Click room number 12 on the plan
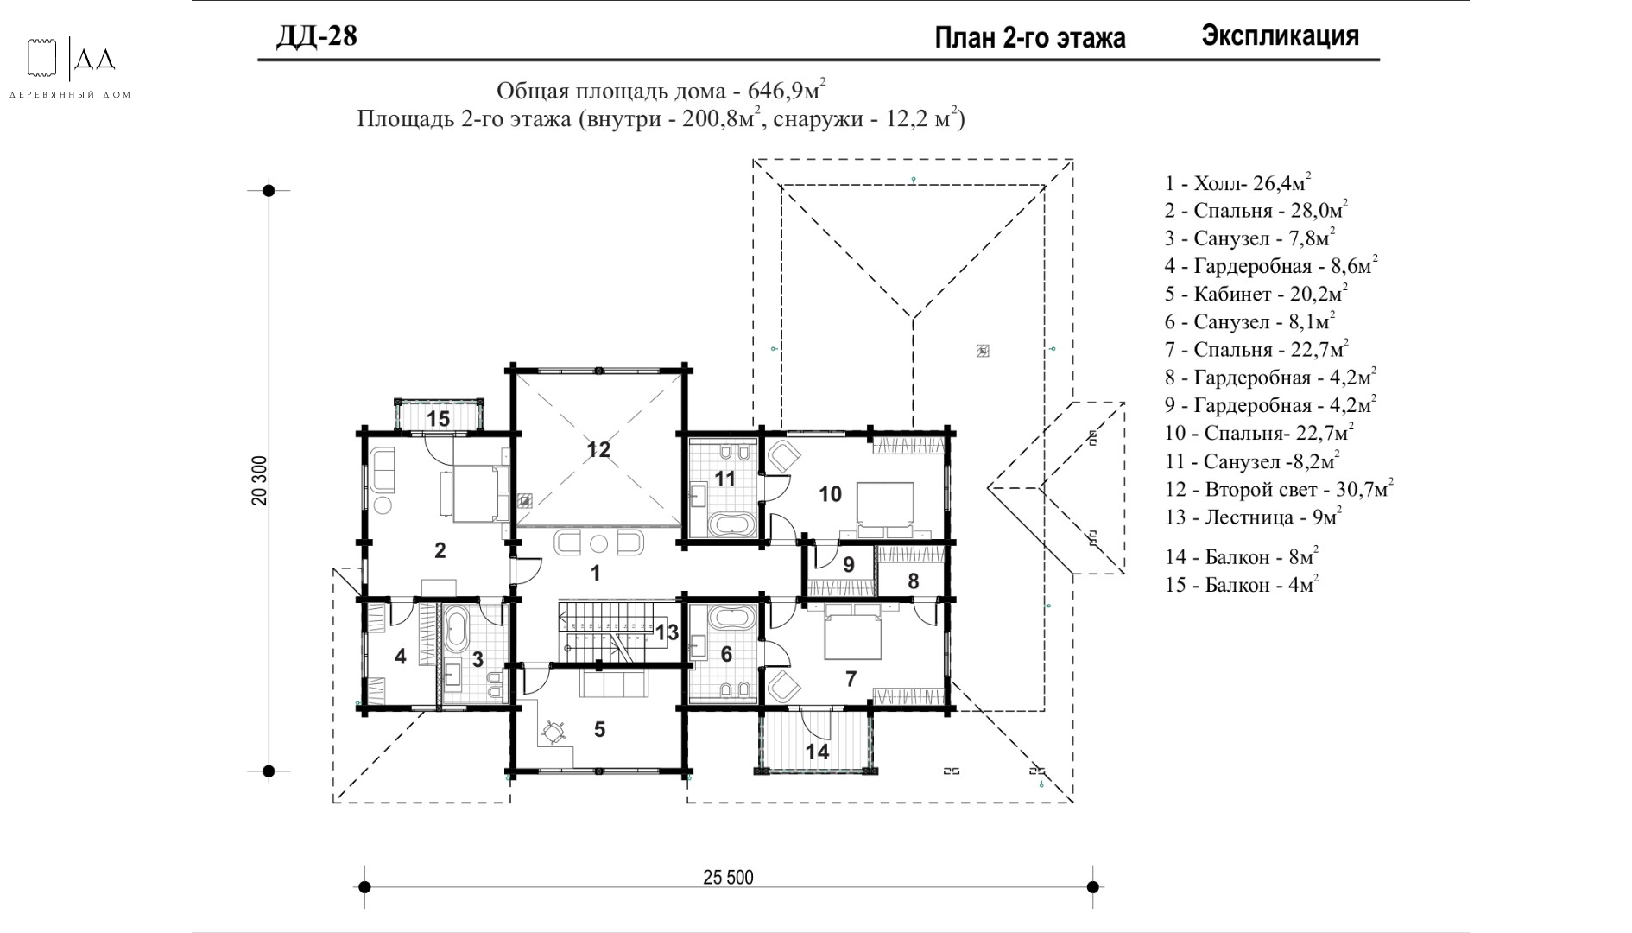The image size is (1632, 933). [x=598, y=449]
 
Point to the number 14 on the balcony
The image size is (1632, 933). [x=817, y=752]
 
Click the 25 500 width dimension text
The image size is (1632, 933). [x=728, y=878]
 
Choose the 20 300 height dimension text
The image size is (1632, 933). [x=260, y=480]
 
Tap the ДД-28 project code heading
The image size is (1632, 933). [x=317, y=36]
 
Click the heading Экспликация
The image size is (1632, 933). [x=1280, y=36]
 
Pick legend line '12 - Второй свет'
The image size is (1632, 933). [x=1279, y=490]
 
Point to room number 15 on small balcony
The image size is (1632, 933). [x=439, y=419]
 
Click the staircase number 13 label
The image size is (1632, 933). [x=667, y=632]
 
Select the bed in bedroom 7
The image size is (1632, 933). [x=853, y=632]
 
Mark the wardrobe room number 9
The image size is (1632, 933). [x=849, y=564]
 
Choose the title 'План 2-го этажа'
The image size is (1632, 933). [x=1030, y=38]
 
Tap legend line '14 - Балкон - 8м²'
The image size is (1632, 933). [x=1242, y=556]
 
